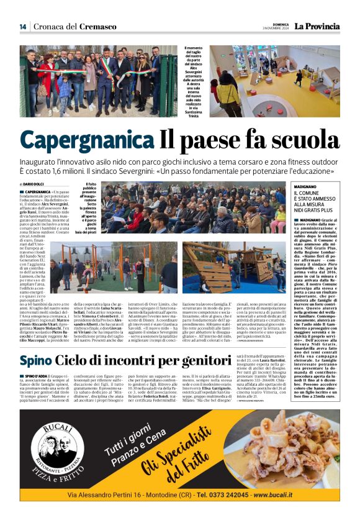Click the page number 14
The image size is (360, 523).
(23, 26)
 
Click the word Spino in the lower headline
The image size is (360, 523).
(35, 361)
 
